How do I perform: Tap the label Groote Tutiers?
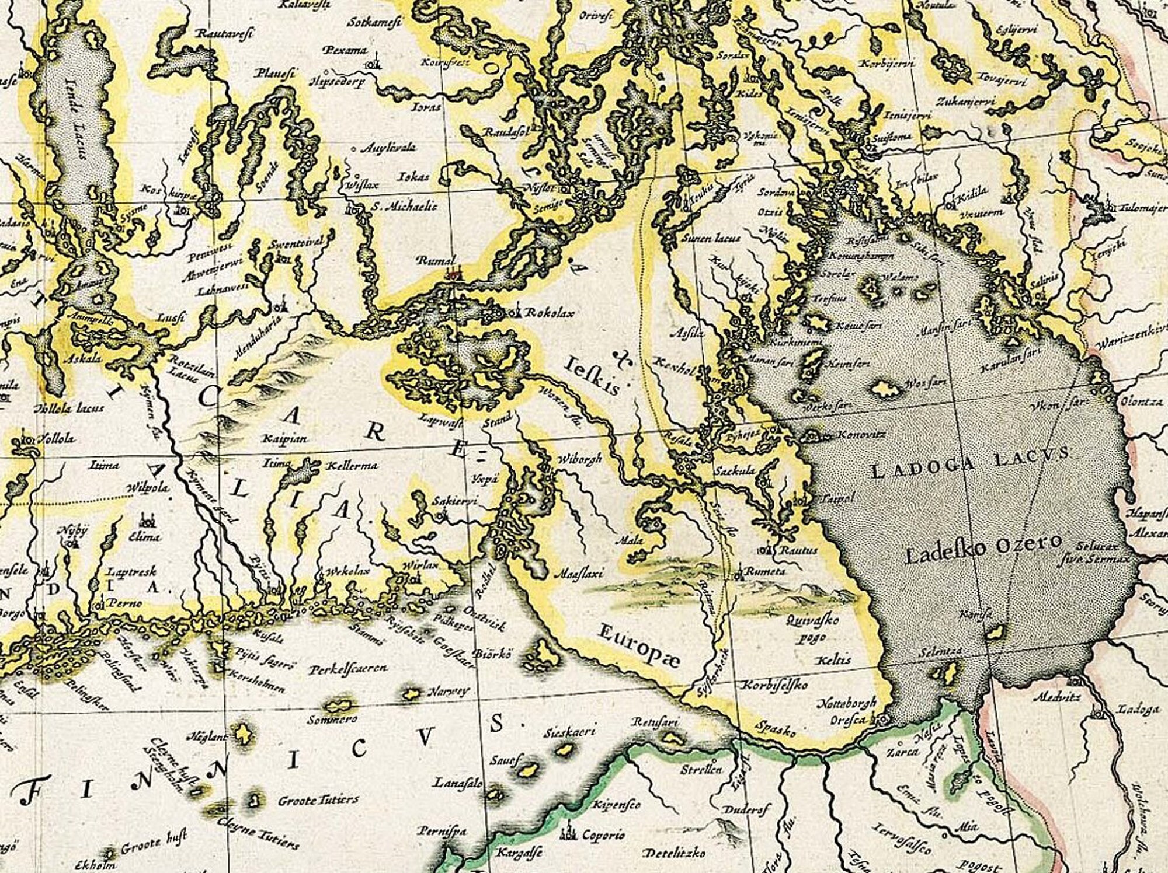pyautogui.click(x=318, y=799)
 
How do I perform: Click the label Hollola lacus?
pyautogui.click(x=69, y=408)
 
